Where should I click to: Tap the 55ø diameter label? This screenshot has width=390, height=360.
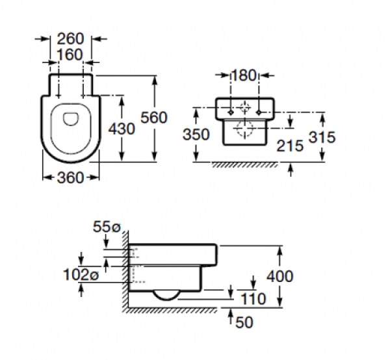coord(108,227)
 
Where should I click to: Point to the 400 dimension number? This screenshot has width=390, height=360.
coord(280,276)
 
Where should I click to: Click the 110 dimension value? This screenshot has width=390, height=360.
coord(253,299)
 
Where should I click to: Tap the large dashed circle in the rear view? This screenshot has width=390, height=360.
coord(244,129)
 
